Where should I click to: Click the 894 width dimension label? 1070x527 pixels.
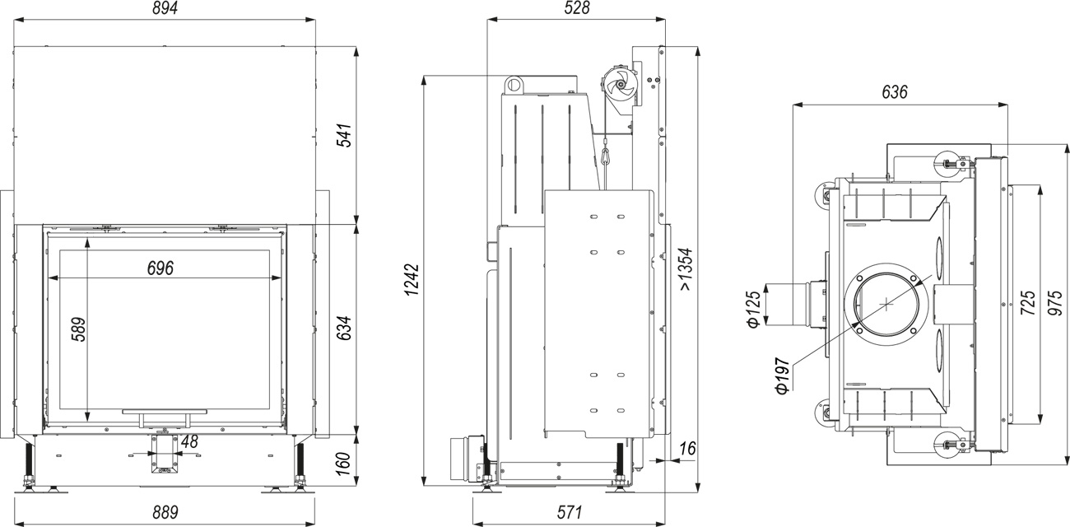(165, 8)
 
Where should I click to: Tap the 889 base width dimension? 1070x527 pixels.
(165, 513)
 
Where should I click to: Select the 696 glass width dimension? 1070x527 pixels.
(160, 268)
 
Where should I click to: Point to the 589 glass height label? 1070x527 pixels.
(78, 329)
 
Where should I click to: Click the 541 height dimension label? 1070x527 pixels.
(346, 135)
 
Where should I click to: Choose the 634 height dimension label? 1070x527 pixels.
(344, 328)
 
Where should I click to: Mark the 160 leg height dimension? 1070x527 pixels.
(344, 463)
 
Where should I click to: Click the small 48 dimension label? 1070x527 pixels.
(189, 441)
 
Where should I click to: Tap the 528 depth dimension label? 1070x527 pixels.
(577, 7)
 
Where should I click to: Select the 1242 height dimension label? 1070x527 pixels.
(412, 279)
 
